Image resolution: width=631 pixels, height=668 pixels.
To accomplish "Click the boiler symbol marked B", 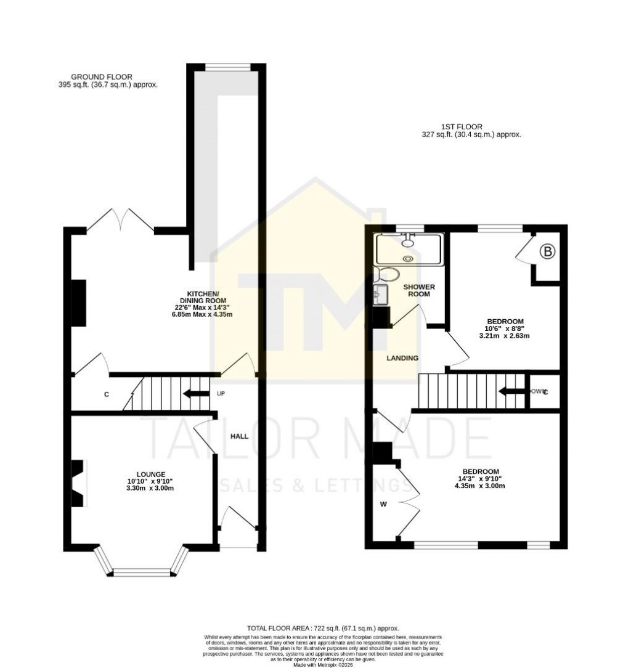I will coord(547,251).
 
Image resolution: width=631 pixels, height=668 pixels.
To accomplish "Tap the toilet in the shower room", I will coord(388,274).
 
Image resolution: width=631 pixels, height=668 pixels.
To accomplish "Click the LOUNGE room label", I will coord(147,474).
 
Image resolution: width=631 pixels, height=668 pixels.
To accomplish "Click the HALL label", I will coord(239,436).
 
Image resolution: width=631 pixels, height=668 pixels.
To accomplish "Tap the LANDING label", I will coord(402,358).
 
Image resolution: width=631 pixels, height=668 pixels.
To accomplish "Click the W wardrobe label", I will coord(383,505).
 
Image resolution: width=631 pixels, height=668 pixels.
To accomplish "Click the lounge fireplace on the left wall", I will coord(79,483).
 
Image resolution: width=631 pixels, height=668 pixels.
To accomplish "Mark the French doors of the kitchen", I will coord(120,220).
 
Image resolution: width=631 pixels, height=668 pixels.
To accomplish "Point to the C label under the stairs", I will coord(107,394).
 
